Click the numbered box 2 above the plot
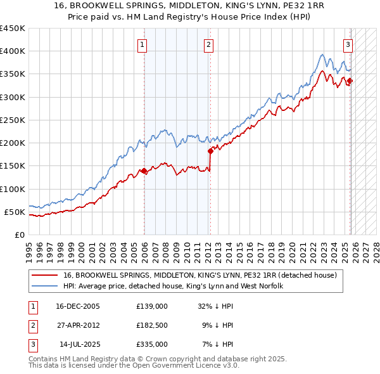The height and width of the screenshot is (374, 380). [208, 44]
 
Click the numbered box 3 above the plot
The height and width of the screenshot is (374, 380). [348, 44]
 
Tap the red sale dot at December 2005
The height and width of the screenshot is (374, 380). [144, 171]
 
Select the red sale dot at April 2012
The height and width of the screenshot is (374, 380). [210, 151]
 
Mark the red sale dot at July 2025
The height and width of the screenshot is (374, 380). [350, 81]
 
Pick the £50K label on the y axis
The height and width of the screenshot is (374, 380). [15, 212]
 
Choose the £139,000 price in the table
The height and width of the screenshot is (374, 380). [151, 306]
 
